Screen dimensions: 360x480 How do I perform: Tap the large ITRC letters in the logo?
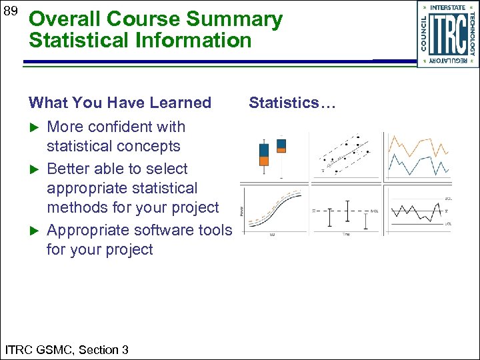(x=447, y=34)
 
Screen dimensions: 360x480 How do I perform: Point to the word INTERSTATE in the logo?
(x=447, y=8)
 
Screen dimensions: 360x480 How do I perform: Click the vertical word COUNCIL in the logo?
(x=424, y=34)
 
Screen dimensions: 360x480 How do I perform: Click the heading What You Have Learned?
(x=119, y=103)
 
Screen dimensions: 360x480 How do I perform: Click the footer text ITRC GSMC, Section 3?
(x=67, y=349)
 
